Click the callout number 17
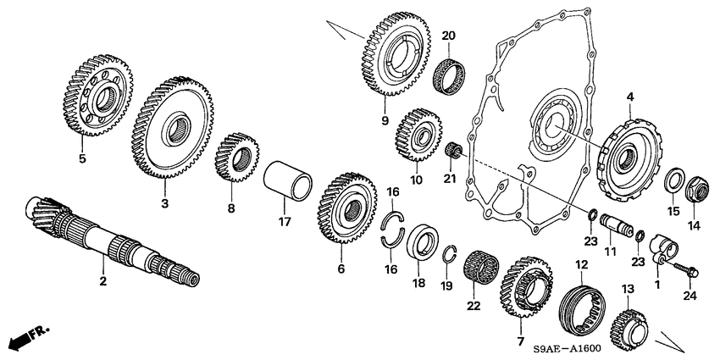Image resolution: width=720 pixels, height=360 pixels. (x=285, y=223)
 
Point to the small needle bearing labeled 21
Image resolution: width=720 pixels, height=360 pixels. (x=451, y=151)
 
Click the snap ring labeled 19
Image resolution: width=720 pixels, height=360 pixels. (x=449, y=252)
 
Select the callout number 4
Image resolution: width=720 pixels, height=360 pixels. (x=629, y=98)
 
